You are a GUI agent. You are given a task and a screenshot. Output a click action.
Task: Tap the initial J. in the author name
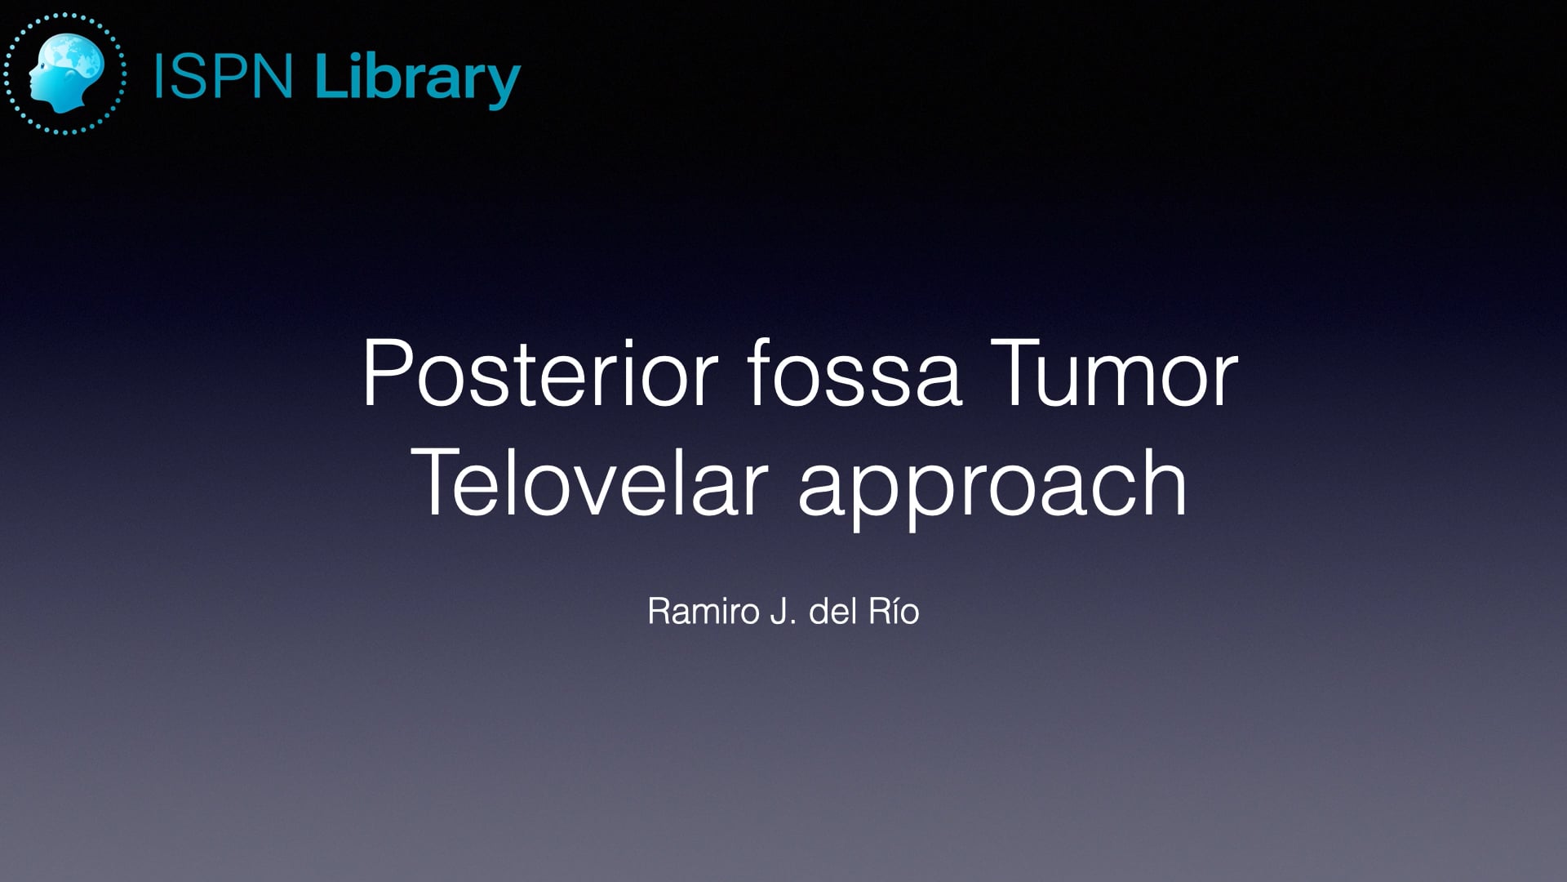pos(783,611)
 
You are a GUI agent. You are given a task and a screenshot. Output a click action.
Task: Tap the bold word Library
pos(417,78)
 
